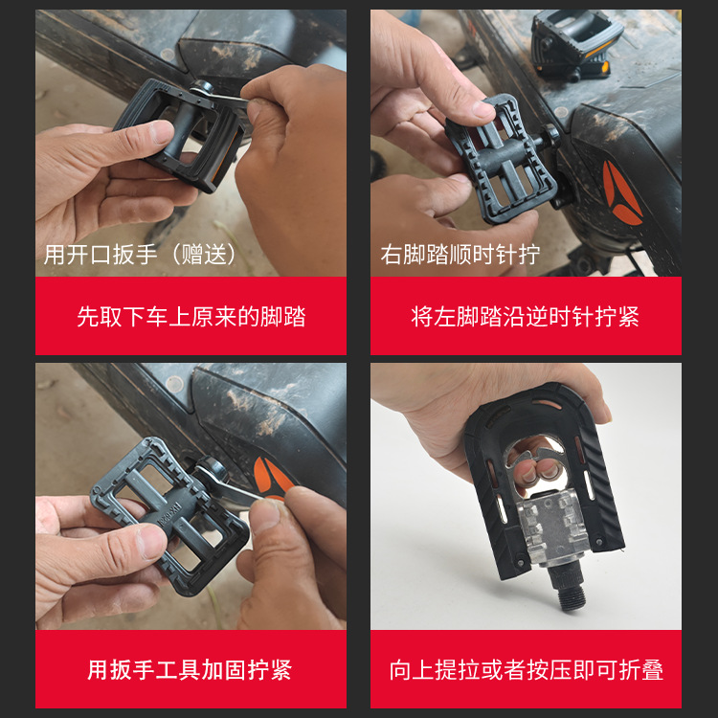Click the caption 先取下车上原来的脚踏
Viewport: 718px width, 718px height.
191,317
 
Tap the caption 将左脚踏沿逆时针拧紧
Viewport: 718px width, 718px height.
526,317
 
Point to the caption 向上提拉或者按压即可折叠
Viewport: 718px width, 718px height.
526,669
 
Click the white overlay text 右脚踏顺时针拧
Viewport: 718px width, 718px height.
460,255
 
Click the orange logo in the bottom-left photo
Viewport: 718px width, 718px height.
271,477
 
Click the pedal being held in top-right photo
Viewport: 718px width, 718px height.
499,158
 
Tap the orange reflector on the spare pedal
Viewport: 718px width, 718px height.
598,71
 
